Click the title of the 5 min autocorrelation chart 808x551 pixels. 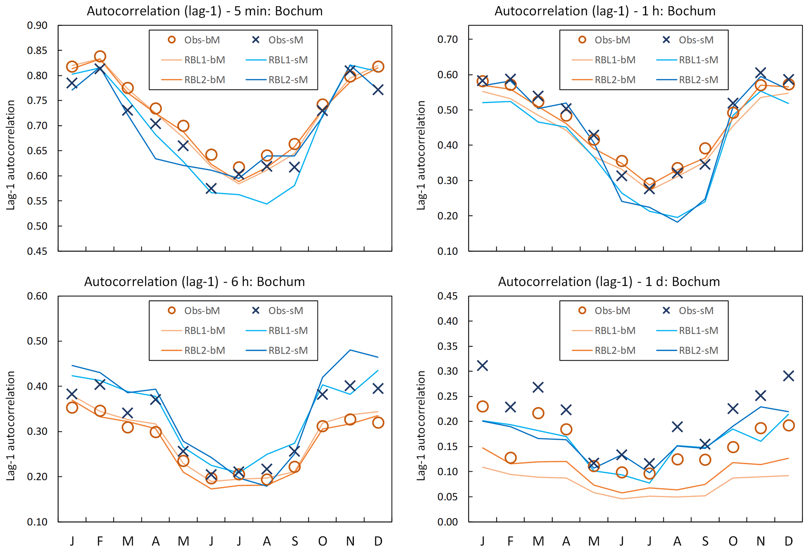204,11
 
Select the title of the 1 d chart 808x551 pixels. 609,282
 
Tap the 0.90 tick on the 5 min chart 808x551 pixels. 37,26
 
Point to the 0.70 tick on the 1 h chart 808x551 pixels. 448,39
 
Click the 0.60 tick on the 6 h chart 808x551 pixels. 37,296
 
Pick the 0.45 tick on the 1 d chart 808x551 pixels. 448,296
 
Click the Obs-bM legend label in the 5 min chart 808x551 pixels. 202,40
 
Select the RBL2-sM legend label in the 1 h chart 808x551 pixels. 698,80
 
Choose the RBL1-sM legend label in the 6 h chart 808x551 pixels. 288,331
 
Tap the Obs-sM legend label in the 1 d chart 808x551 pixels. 696,311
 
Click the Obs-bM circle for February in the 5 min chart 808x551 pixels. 100,57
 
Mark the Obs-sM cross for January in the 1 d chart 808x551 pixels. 482,366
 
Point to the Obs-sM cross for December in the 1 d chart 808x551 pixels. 788,376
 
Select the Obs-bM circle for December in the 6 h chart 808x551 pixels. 378,423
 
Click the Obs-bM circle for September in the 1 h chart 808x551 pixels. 705,148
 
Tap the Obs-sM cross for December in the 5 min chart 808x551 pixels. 378,90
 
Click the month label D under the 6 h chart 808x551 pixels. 378,541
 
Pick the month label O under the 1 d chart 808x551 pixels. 733,541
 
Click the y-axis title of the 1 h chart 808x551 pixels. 421,155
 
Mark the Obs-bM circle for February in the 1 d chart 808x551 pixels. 510,458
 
